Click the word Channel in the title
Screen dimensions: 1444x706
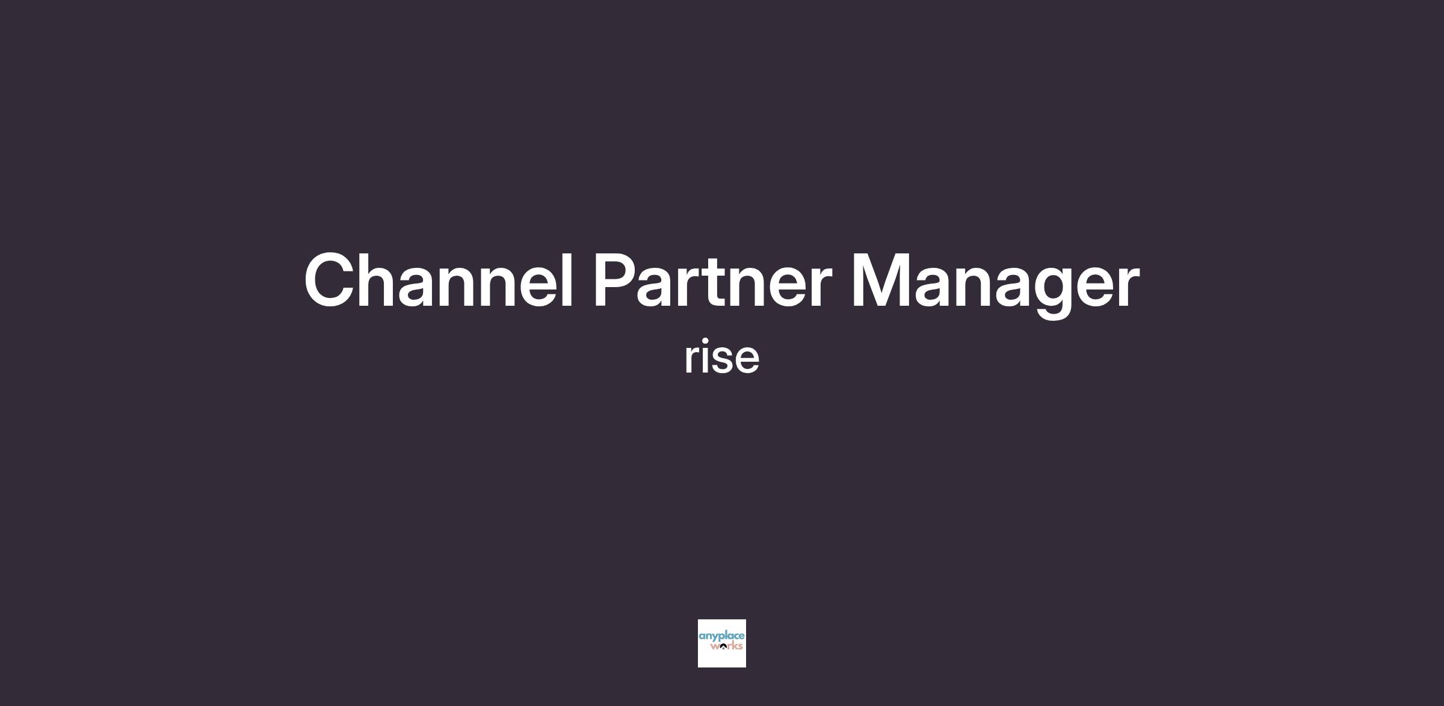(439, 280)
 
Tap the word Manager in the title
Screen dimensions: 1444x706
(996, 284)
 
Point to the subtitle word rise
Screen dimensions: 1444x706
(722, 357)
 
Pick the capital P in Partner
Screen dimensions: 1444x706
(617, 280)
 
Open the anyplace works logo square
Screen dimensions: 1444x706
(722, 643)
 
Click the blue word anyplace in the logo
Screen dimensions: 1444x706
(721, 637)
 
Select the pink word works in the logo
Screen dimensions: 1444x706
(726, 646)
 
